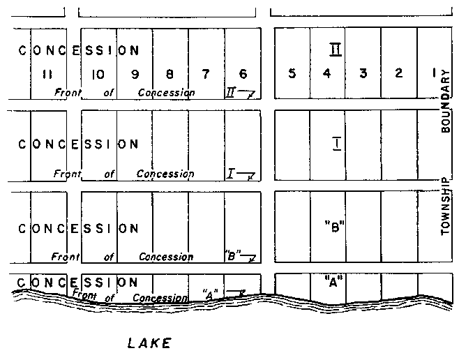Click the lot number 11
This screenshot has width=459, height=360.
(47, 73)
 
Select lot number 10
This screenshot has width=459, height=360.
(98, 73)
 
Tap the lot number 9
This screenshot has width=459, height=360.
(134, 73)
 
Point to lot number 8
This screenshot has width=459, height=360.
(170, 73)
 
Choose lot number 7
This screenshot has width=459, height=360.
(206, 73)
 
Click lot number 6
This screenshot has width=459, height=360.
(243, 73)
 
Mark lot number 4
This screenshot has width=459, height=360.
(327, 73)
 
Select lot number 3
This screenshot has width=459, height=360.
(363, 73)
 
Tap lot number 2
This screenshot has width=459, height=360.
(398, 73)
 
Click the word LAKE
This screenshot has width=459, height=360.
(149, 343)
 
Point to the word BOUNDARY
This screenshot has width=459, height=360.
(446, 105)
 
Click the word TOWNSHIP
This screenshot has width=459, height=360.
(446, 207)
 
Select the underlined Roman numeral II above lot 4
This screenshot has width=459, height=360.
(335, 49)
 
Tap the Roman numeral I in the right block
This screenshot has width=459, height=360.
(336, 144)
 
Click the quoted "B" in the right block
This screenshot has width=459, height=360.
(335, 226)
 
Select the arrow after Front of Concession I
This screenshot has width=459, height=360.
(248, 174)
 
